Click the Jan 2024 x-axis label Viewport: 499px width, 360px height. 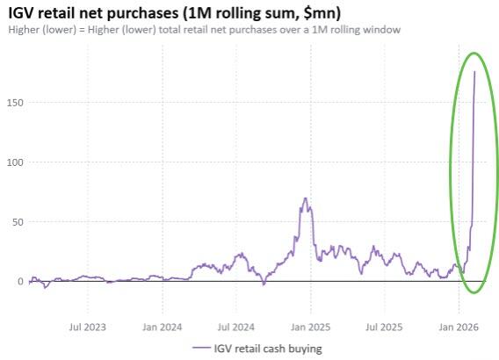point(163,327)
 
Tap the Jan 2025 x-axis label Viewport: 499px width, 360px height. point(310,327)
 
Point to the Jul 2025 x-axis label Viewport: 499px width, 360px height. point(384,327)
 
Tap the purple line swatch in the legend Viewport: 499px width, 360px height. point(201,349)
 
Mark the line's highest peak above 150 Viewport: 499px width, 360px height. point(475,72)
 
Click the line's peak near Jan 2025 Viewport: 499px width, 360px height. point(305,198)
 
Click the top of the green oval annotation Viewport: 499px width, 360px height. point(474,53)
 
